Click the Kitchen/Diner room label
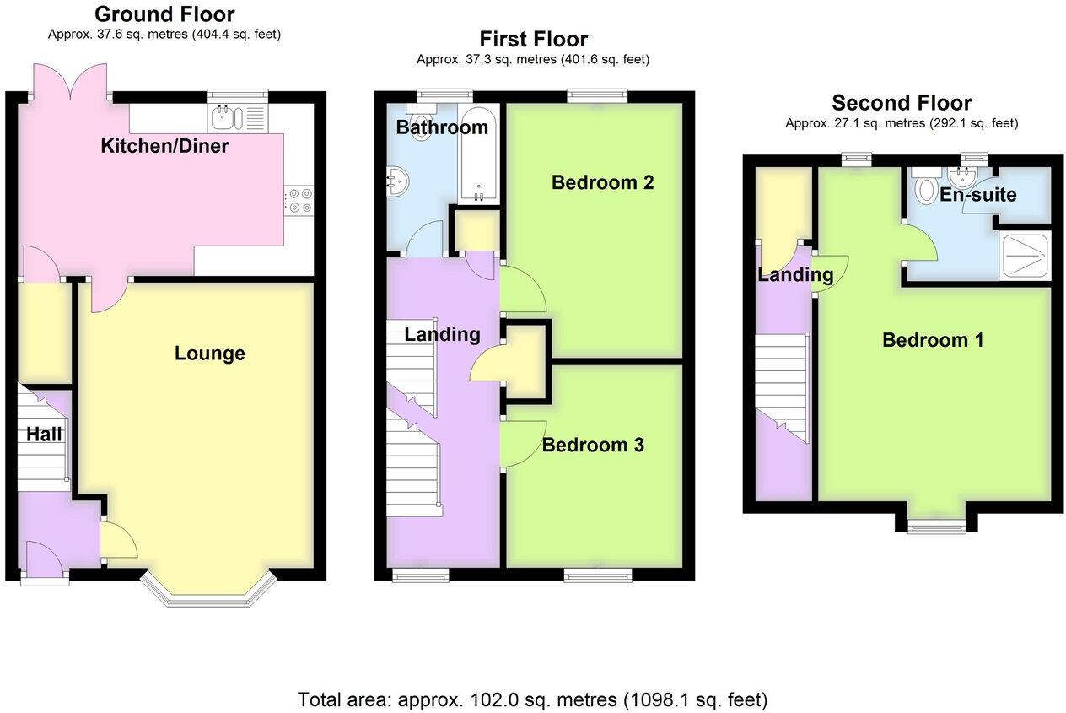click(164, 146)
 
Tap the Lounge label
click(209, 354)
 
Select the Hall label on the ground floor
click(44, 435)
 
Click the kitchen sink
click(225, 118)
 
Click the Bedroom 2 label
click(602, 182)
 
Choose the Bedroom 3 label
click(593, 445)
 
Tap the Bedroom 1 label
click(933, 340)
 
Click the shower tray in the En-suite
click(1025, 256)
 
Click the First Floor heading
click(533, 39)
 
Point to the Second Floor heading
click(901, 103)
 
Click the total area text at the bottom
click(532, 699)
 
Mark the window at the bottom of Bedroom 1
click(936, 527)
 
